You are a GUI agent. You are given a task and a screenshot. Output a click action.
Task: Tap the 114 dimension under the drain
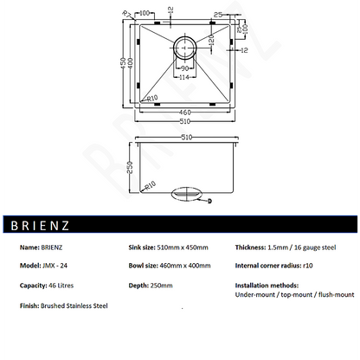tap(183, 77)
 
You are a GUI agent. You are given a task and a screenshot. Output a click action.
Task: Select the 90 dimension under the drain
tap(183, 67)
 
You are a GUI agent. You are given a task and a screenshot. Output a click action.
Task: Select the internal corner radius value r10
tap(309, 265)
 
